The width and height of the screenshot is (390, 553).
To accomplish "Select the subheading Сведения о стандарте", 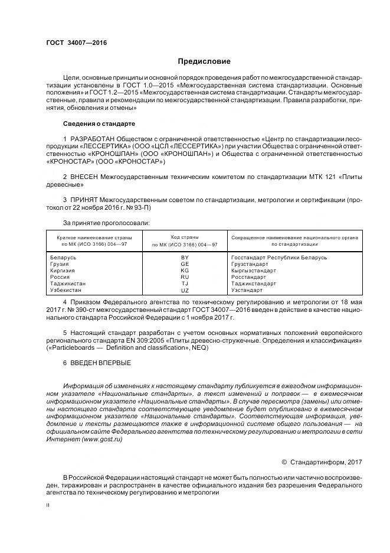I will coord(99,123).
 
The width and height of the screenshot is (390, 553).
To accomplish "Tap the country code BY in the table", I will coord(185,258).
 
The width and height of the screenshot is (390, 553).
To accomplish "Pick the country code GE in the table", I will coord(185,264).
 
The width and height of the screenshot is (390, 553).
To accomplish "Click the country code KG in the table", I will coord(185,271).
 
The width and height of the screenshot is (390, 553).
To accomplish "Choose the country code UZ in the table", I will coord(185,291).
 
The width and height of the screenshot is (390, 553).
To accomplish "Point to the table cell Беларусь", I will coord(64,258).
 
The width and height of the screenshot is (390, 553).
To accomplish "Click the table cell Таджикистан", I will coord(68,284).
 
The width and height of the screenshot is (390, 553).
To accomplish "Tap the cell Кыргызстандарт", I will coord(254,271).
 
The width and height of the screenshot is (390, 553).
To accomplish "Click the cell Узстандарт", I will coord(247,291).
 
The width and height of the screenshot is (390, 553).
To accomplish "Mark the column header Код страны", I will coord(185,237).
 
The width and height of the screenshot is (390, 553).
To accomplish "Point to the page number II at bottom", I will coord(48,506).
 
